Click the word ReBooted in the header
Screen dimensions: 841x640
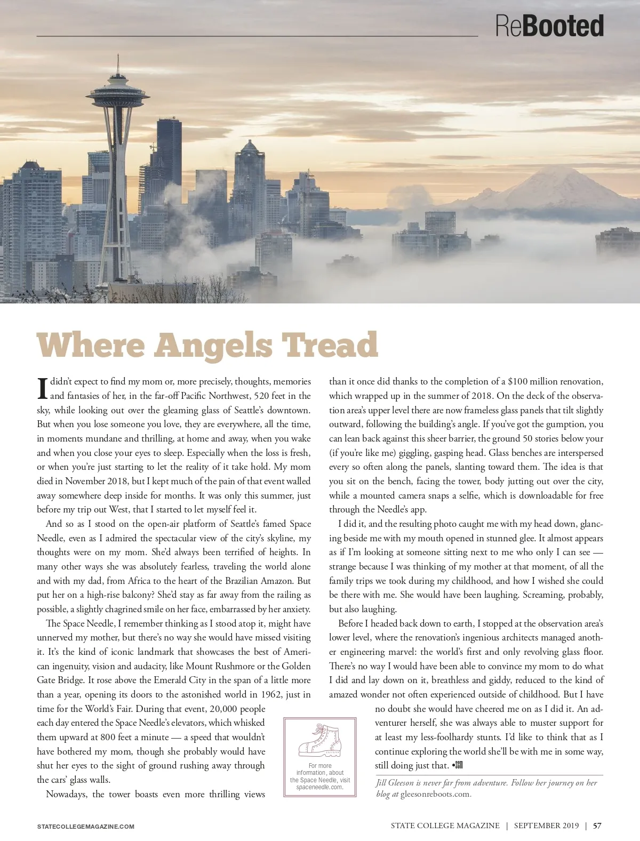coord(549,26)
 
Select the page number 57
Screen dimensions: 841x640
coord(597,826)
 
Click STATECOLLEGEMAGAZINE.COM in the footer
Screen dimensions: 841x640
coord(86,827)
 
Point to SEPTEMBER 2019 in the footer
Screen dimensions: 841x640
coord(546,826)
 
